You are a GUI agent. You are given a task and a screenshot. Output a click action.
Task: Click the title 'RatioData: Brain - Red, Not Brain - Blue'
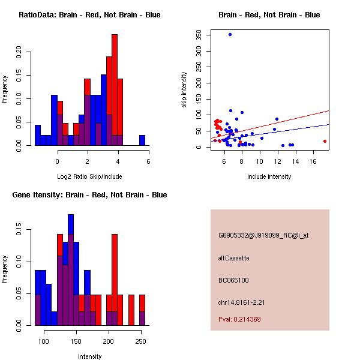89,14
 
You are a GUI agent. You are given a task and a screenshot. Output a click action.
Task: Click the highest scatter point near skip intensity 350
230,34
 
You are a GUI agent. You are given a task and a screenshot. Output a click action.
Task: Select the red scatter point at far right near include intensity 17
325,141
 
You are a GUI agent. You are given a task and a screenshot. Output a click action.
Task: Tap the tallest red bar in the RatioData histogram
115,90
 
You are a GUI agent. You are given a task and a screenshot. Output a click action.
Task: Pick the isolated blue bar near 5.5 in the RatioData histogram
142,140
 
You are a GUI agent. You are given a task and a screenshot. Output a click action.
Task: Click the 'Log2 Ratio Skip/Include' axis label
89,176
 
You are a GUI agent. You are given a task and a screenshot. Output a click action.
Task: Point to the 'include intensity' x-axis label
269,176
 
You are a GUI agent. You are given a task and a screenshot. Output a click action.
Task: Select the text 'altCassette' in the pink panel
233,258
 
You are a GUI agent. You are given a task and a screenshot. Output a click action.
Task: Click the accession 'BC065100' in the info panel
233,280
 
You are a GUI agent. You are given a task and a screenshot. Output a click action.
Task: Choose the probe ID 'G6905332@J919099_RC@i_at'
263,236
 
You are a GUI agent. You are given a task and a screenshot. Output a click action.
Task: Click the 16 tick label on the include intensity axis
313,161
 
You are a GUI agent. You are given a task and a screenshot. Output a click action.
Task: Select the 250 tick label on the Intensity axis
140,341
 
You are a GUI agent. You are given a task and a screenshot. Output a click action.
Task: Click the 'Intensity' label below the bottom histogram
90,356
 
